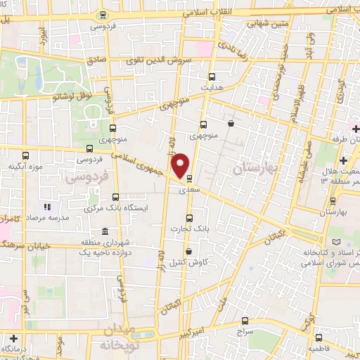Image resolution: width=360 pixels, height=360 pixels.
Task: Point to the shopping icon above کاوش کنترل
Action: (x=188, y=252)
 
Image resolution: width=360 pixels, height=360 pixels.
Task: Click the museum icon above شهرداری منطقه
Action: (x=105, y=233)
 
